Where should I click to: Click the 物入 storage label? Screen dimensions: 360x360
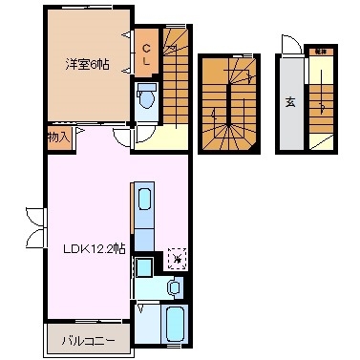tap(58, 138)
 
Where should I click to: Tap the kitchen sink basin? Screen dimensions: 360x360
tap(144, 200)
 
